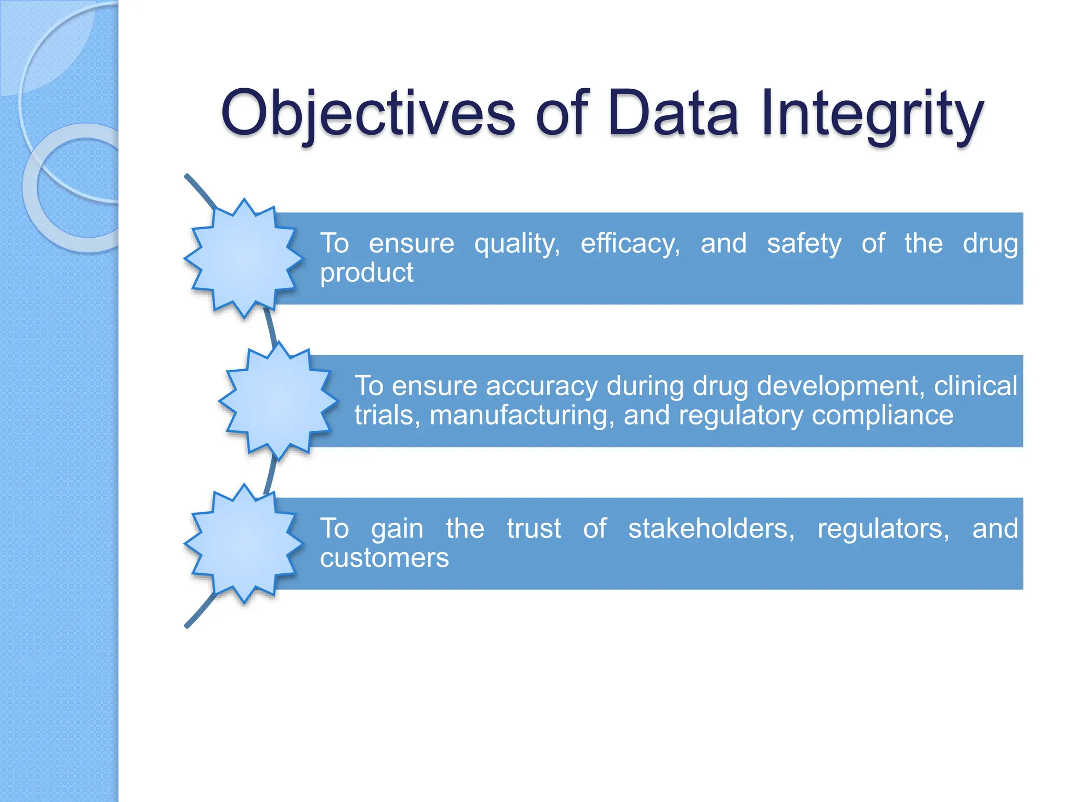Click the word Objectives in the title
tap(368, 113)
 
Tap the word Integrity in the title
tap(872, 113)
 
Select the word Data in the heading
tap(673, 113)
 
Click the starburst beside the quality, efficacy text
tap(244, 258)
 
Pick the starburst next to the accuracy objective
tap(278, 400)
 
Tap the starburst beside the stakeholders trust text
tap(244, 543)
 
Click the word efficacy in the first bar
tap(630, 244)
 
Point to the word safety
tap(804, 244)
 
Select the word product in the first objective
tap(366, 273)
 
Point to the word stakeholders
tap(711, 529)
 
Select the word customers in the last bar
tap(384, 558)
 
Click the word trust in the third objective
tap(533, 529)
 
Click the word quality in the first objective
tap(517, 244)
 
